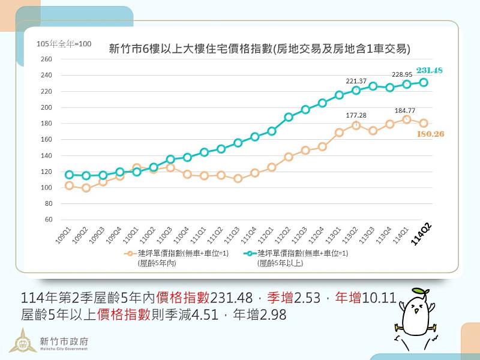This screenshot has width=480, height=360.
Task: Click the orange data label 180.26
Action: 430,134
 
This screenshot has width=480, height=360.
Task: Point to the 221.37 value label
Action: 356,81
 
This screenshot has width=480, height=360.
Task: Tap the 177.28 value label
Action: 356,115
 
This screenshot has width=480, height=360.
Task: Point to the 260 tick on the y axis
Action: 47,59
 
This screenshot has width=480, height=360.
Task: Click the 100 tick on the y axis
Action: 47,187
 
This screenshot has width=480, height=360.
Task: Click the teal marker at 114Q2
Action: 424,83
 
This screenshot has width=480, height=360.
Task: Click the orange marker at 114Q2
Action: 424,124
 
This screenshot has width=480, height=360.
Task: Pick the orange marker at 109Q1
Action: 69,185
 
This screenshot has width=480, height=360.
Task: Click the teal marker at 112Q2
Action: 289,117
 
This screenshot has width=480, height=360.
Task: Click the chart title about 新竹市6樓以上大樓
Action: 259,49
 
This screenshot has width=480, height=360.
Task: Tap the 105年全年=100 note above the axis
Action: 64,43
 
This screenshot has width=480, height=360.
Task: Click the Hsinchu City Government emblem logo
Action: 22,341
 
